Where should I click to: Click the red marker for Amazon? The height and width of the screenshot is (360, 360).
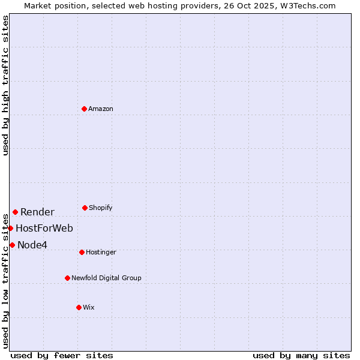pos(84,109)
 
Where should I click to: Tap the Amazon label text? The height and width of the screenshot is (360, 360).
pos(101,109)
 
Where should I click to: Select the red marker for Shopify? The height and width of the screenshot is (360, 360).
pos(85,208)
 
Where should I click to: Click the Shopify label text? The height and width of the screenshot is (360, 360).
pos(101,208)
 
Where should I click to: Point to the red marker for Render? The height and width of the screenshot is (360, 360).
pos(15,212)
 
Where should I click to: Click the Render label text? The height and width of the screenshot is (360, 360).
pos(37,212)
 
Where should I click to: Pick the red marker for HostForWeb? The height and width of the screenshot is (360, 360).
pos(10,228)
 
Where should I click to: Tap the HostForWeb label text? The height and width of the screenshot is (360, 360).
pos(44,228)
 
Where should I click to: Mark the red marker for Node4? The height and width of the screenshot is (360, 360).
pos(12,245)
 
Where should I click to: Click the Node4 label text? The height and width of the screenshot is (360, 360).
pos(32,245)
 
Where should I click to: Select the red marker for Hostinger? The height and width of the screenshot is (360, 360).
pos(82,252)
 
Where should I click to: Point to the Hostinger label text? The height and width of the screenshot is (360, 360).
pos(101,252)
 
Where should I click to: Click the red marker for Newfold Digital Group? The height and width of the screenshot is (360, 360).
pos(67,278)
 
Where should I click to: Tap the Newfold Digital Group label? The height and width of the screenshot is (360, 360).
pos(106,278)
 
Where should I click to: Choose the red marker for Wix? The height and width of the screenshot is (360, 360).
pos(79,307)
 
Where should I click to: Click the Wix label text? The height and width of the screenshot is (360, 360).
pos(89,307)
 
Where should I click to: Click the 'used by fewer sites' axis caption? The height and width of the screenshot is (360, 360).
pos(62,355)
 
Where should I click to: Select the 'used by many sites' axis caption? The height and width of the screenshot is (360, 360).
pos(301,355)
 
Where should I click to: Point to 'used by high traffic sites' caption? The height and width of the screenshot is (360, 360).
pos(5,85)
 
